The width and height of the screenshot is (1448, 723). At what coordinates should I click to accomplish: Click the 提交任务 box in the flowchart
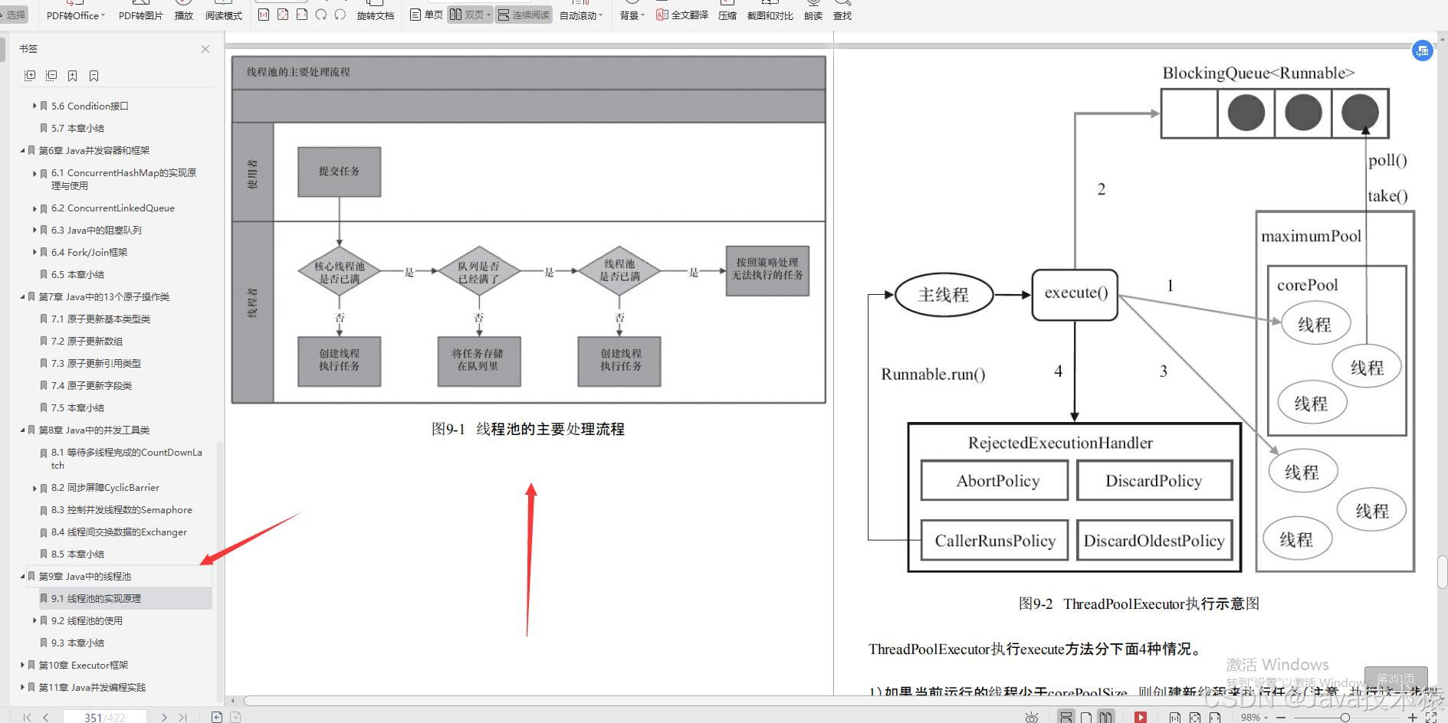tap(339, 172)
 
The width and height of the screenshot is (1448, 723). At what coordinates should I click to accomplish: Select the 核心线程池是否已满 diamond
tap(339, 272)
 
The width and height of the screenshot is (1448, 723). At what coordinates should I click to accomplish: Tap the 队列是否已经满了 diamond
tap(478, 272)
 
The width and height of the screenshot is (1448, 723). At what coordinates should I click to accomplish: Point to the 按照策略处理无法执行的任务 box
tap(767, 270)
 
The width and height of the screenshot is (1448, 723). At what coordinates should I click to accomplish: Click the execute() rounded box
tap(1075, 293)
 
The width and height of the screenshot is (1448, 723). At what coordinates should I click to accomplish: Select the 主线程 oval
tap(944, 295)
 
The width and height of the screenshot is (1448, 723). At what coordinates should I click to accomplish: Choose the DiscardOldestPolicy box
tap(1154, 541)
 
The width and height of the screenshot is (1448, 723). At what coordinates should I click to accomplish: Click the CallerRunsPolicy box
tap(995, 541)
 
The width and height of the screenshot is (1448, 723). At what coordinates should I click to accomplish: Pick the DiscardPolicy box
tap(1154, 481)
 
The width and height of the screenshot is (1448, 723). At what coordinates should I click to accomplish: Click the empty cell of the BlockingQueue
tap(1189, 113)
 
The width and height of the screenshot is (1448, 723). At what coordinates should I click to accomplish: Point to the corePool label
tap(1307, 285)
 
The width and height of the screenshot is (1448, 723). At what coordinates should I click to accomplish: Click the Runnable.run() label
tap(933, 375)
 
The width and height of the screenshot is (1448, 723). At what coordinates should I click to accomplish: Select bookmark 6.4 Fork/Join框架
tap(89, 252)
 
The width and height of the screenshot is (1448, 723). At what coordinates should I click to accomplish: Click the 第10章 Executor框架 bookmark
tap(84, 665)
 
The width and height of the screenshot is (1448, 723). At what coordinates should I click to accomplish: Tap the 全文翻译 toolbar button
tap(682, 15)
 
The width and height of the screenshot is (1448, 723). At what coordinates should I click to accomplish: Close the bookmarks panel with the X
tap(205, 49)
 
